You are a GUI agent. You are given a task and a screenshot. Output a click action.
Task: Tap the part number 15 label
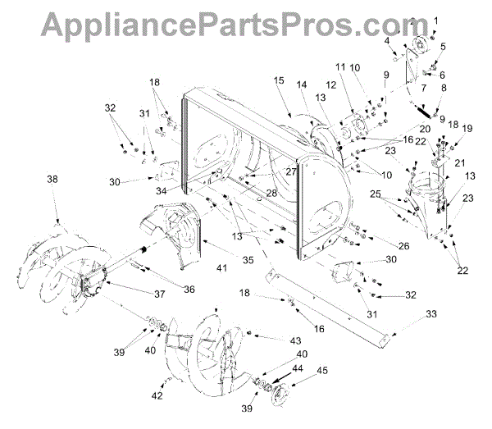(279, 80)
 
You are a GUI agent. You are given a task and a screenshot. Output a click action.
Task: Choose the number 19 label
(467, 129)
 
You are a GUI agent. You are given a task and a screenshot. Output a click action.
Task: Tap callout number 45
(322, 370)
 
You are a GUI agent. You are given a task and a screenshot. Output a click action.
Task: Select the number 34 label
(162, 192)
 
